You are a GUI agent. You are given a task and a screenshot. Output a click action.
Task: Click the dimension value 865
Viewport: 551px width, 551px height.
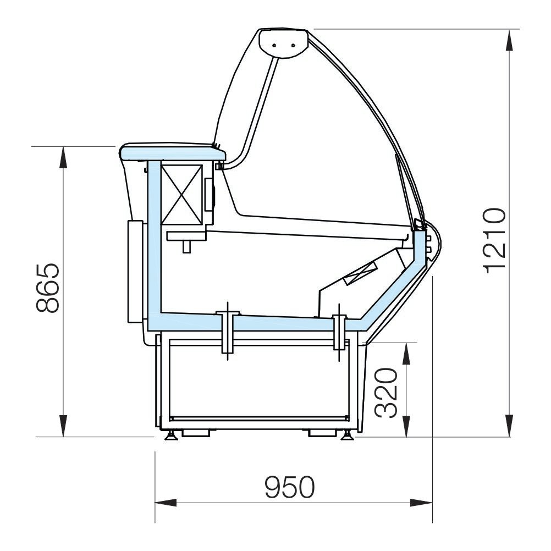click(48, 288)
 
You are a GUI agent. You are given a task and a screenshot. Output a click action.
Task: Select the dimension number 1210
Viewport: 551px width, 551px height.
click(495, 241)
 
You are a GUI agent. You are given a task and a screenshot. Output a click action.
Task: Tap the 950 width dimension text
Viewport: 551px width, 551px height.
click(290, 487)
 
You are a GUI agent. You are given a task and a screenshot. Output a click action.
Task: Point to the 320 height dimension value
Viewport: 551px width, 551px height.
click(387, 393)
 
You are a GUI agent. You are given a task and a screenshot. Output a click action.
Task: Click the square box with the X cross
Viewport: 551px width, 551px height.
click(182, 195)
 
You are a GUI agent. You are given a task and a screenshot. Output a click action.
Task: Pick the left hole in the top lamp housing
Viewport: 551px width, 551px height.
click(274, 45)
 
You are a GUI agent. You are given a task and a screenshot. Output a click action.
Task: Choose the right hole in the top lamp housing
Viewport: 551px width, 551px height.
click(293, 45)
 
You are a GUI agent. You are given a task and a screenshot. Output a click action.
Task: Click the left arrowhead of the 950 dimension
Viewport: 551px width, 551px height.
click(166, 503)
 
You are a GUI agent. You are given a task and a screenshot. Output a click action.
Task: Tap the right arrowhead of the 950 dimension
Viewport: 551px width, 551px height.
click(421, 503)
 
